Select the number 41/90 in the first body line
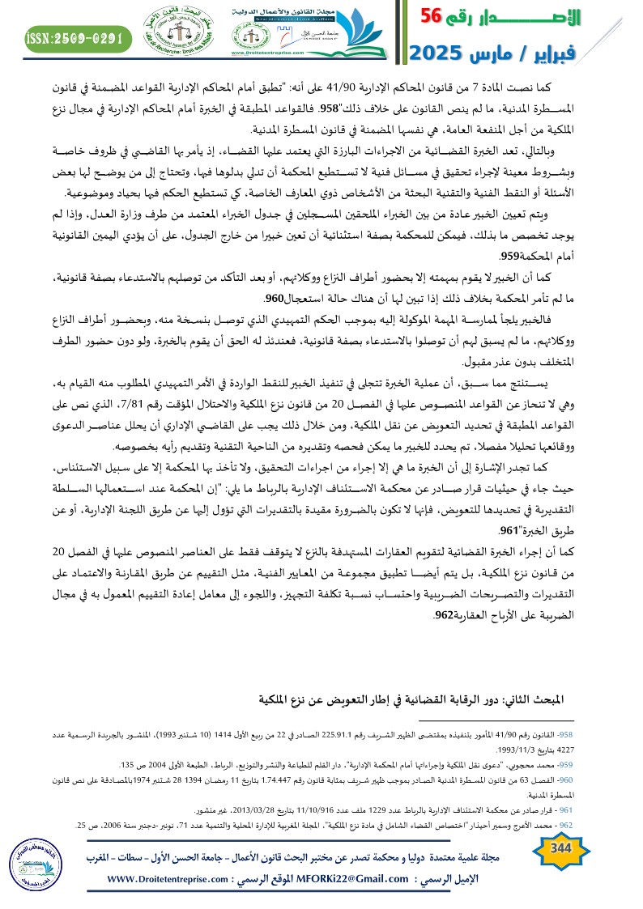point(389,87)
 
